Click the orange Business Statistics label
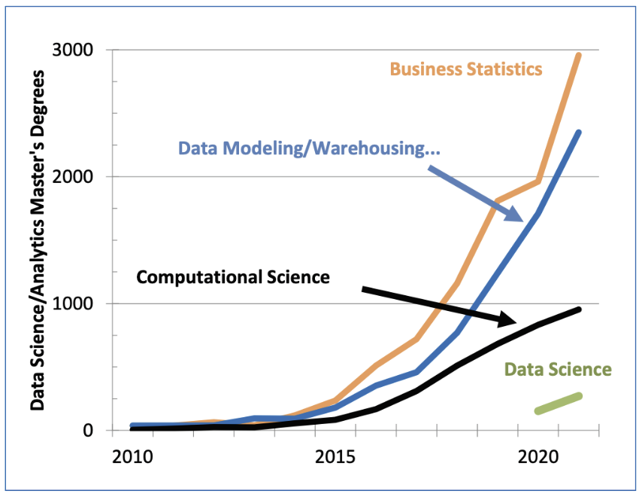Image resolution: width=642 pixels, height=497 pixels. [x=465, y=69]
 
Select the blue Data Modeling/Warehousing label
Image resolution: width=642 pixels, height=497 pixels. [x=309, y=148]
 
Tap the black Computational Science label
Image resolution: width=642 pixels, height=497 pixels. [x=233, y=277]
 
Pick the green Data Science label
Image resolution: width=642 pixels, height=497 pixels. [x=558, y=370]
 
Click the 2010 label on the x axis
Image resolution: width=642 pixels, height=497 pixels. [x=132, y=459]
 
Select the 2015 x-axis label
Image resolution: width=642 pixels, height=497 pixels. [x=335, y=459]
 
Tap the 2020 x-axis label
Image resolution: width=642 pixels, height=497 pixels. [x=538, y=459]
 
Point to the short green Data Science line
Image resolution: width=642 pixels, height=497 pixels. [x=558, y=404]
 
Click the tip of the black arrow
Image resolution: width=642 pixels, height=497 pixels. [x=518, y=322]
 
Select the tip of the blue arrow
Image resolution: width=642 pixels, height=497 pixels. [x=523, y=221]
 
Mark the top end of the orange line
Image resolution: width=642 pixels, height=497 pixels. [x=579, y=55]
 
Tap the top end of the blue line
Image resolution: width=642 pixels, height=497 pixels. [x=579, y=133]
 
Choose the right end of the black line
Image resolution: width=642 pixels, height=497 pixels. [x=579, y=309]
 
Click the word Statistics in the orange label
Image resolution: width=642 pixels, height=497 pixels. [x=504, y=69]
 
